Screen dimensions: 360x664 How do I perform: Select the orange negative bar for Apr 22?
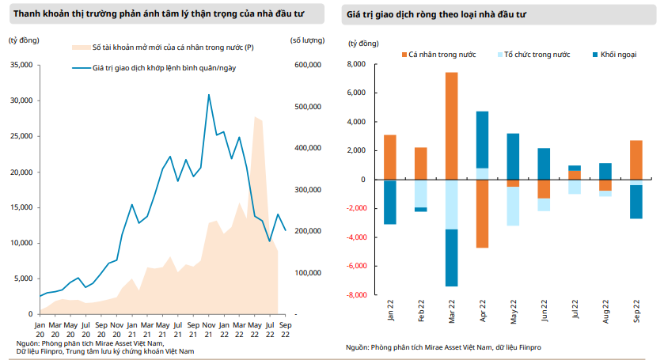482,214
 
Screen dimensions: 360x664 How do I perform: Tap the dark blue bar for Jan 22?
390,202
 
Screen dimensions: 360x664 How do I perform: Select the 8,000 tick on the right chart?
355,64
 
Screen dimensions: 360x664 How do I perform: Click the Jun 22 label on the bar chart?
544,309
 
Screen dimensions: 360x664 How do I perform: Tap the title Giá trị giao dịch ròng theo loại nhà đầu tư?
433,14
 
